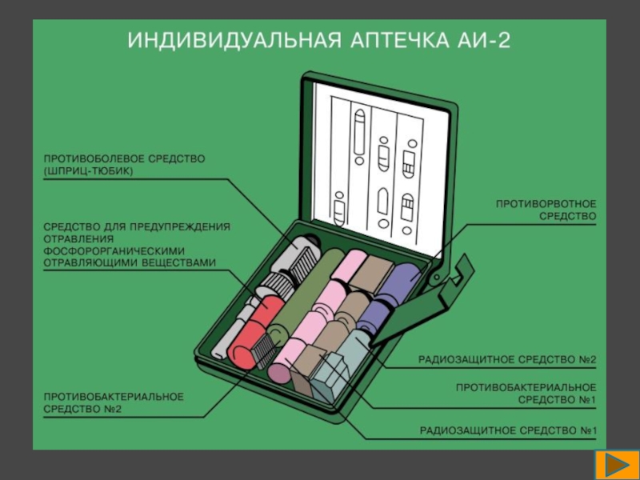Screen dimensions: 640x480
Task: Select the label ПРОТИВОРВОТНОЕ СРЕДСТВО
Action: tap(546, 210)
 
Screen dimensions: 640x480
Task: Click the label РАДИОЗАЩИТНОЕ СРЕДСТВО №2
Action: tap(507, 359)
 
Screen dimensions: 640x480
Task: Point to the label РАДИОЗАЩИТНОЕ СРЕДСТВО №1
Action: tap(508, 430)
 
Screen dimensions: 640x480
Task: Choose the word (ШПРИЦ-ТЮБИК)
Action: tap(89, 171)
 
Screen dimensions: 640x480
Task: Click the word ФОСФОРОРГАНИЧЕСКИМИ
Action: tap(114, 250)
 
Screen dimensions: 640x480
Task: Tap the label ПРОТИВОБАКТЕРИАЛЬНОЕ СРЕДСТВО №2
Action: tap(114, 403)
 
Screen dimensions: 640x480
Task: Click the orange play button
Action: tap(617, 465)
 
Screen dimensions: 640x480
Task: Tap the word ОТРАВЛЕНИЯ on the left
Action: tap(78, 238)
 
